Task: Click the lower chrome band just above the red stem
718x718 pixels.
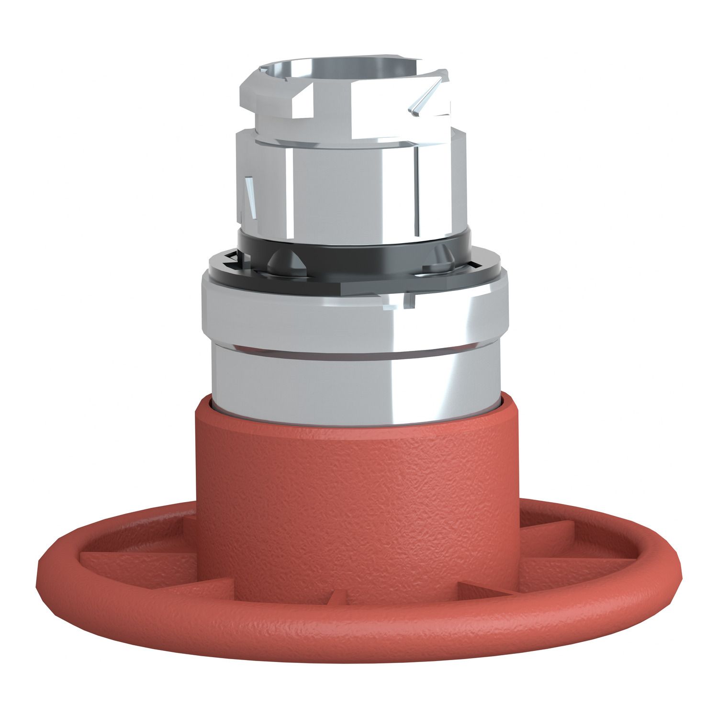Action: [x=354, y=383]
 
